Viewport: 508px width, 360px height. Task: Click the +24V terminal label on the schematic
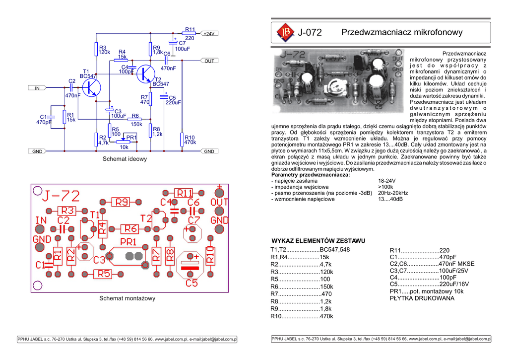(x=209, y=34)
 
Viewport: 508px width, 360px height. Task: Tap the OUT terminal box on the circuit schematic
(x=209, y=61)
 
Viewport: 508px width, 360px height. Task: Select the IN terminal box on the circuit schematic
(x=37, y=88)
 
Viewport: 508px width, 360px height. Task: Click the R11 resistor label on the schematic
(x=190, y=30)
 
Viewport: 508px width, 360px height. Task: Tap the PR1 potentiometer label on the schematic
(x=131, y=137)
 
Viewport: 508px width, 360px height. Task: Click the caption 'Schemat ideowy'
(x=125, y=159)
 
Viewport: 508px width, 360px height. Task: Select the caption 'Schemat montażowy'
(x=127, y=298)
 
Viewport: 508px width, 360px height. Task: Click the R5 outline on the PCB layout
(x=104, y=273)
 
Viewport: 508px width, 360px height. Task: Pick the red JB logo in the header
(x=285, y=32)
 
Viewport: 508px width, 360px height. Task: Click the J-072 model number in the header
(x=310, y=33)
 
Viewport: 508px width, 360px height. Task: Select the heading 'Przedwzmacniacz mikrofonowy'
(x=402, y=32)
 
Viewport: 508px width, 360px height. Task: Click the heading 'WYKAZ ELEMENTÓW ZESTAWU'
(x=318, y=241)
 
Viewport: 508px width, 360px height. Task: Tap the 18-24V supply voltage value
(x=386, y=181)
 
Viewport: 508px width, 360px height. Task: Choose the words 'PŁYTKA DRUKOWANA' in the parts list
(x=422, y=298)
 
